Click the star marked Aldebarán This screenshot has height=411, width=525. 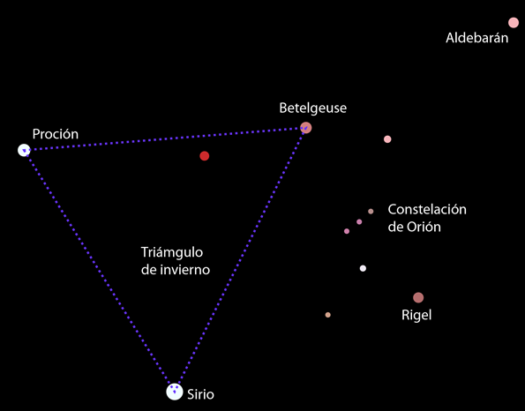point(514,23)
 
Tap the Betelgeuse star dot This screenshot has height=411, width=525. point(305,128)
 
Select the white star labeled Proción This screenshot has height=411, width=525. point(24,150)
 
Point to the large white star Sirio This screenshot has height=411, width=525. point(175,392)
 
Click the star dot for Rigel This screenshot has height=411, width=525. point(418,297)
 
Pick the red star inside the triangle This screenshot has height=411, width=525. point(204,156)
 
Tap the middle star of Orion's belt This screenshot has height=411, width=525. point(359,222)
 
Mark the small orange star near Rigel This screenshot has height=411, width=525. point(327,315)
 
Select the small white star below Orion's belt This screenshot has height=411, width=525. point(363,268)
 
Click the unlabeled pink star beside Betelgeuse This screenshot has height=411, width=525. point(387,139)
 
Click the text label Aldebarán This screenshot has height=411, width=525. point(476,38)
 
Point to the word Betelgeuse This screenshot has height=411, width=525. point(312,108)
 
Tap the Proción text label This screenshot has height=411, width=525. point(56,134)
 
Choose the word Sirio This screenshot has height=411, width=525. point(200,394)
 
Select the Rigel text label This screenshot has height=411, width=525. point(416,315)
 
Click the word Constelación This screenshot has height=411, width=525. point(427,210)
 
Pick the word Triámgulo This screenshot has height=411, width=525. point(172,253)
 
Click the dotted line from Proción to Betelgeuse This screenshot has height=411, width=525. point(165,138)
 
